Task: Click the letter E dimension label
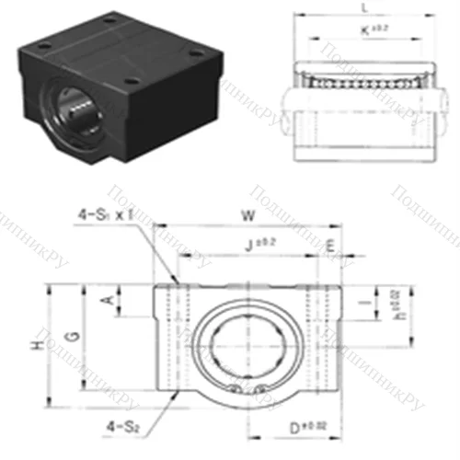[330, 244]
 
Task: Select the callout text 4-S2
[122, 425]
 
